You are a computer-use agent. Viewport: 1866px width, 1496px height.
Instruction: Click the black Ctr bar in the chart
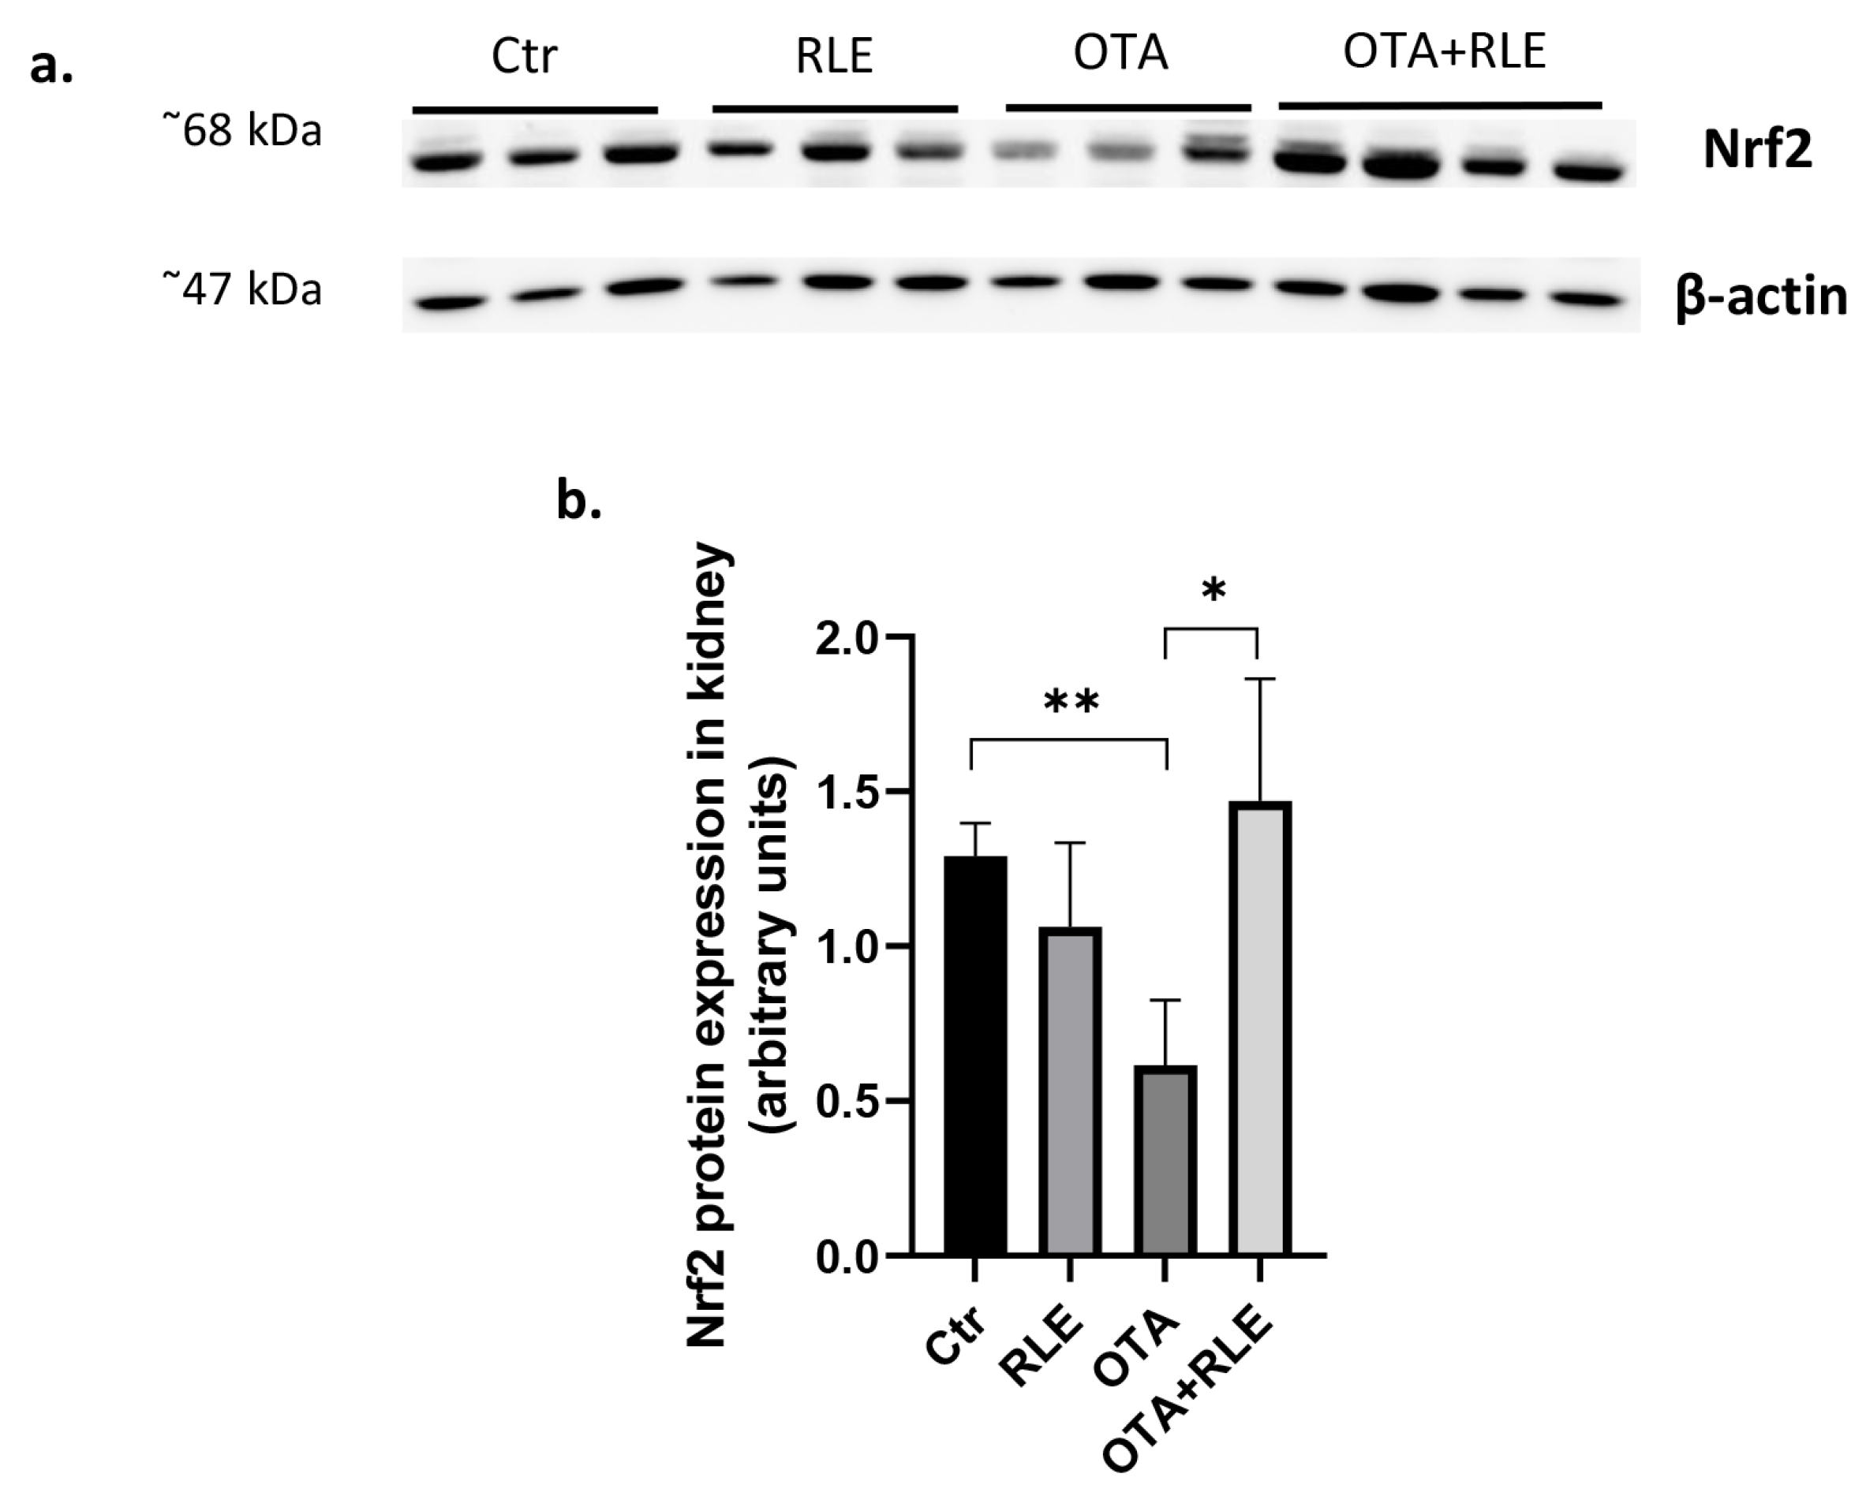975,1056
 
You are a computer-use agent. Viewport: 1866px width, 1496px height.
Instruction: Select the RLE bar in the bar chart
1071,1090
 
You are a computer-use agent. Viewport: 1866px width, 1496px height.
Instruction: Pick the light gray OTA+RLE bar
1260,1030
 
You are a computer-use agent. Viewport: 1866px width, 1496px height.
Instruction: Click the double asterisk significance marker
1071,701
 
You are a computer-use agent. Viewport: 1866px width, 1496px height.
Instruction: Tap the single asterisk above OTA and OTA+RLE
1213,591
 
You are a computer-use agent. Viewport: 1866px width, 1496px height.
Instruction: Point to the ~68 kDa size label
242,132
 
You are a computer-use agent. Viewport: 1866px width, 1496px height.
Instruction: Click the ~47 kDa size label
242,289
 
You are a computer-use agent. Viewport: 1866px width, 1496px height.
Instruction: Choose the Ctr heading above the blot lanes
524,57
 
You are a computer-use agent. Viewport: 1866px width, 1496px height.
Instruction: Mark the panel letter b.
578,502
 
